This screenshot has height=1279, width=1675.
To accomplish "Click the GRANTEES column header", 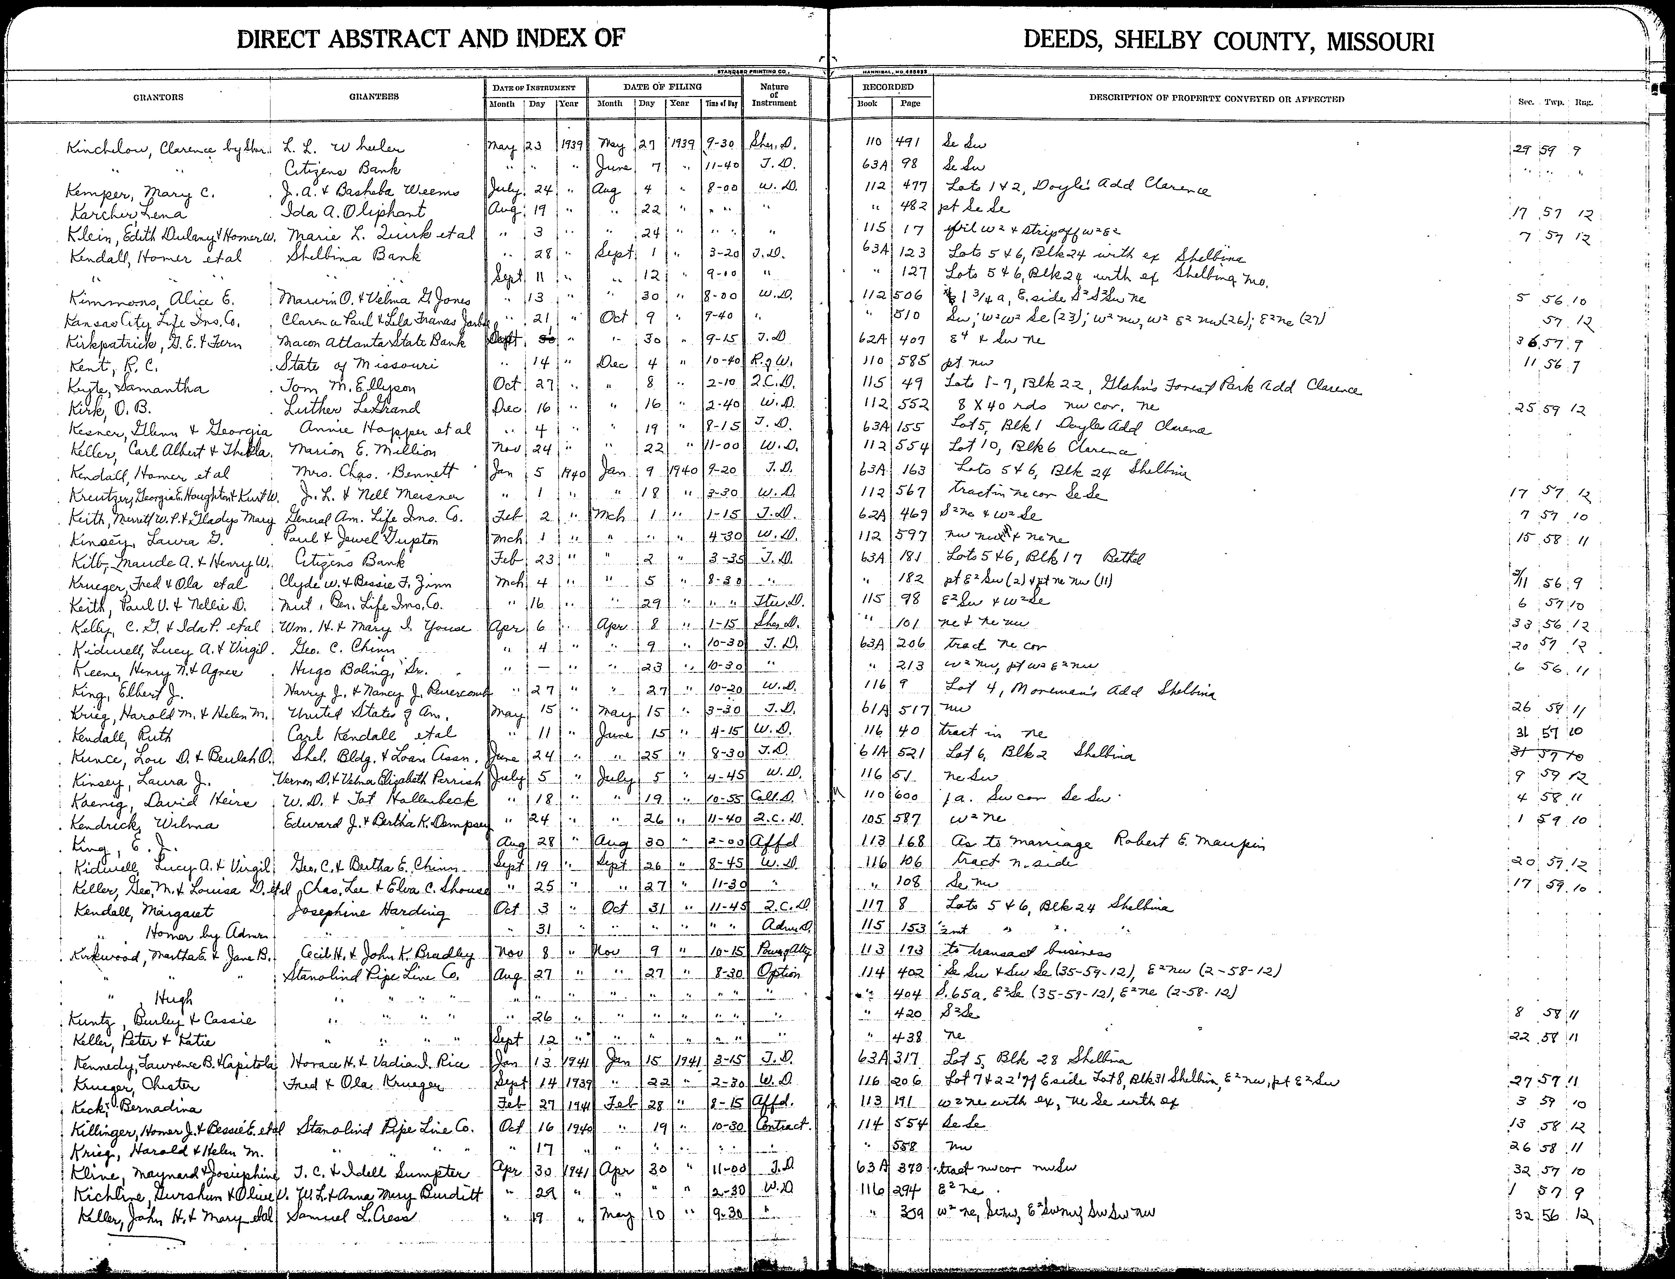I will (x=374, y=97).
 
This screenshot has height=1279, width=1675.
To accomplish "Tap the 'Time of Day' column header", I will (x=721, y=103).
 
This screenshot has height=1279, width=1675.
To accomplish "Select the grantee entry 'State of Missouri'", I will (x=356, y=364).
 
